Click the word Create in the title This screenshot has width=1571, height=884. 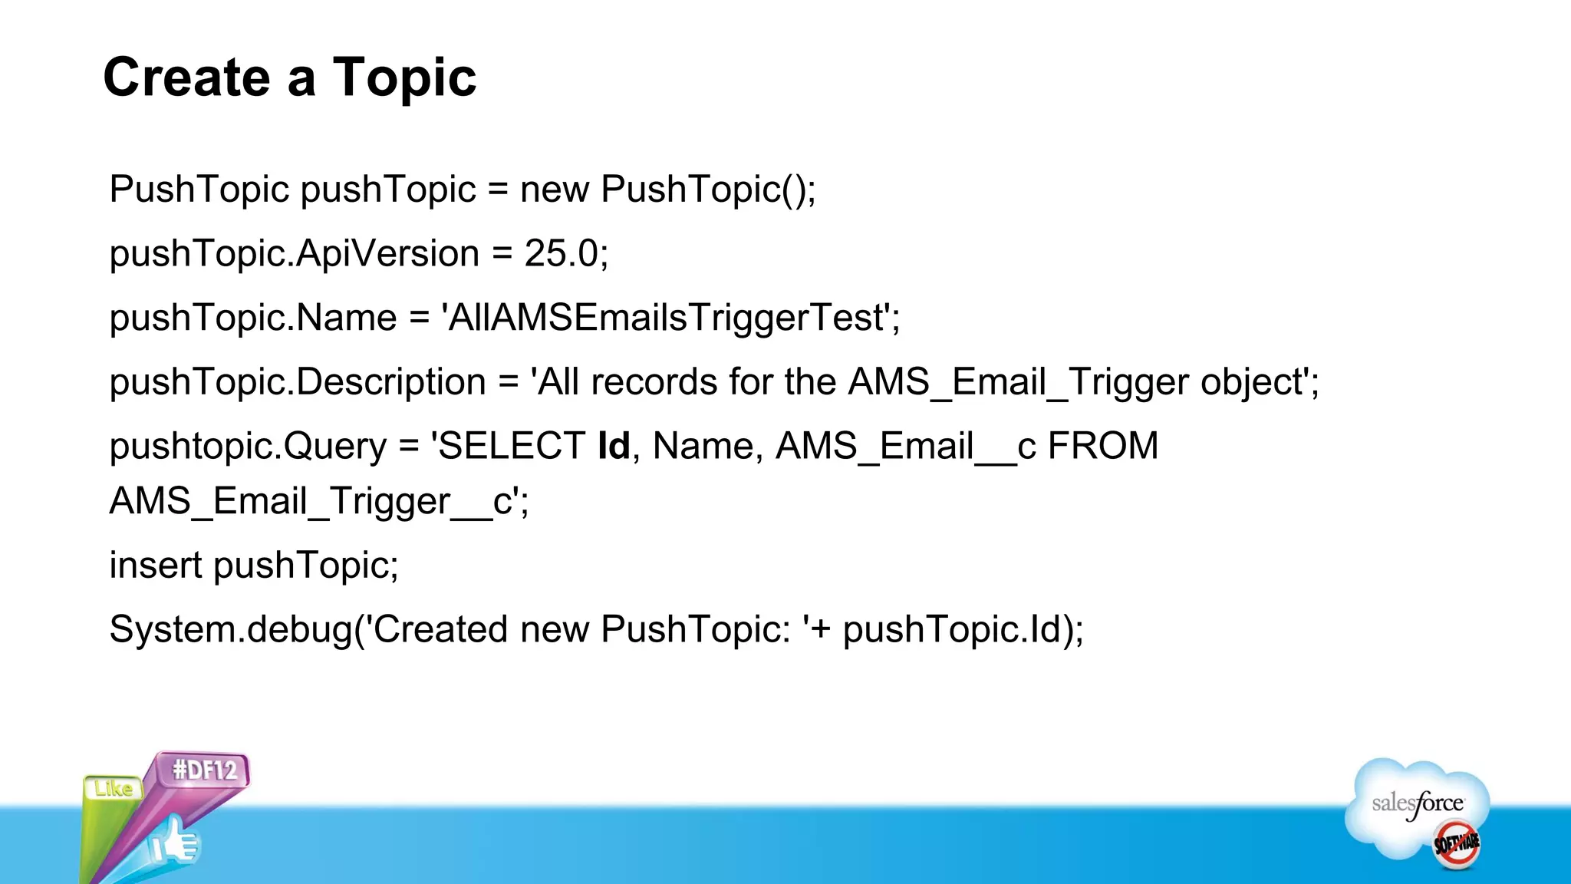pos(186,78)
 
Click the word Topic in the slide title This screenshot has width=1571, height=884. pos(404,79)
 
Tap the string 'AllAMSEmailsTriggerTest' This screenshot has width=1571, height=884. pos(670,318)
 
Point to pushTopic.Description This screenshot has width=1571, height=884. pos(298,382)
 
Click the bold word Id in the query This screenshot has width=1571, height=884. pos(614,446)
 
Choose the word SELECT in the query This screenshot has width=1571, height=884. pos(511,446)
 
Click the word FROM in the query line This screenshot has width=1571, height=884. pos(1102,446)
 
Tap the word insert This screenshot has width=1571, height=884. pos(156,566)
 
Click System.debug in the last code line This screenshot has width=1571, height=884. pos(230,630)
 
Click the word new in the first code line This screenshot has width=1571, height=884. pos(555,190)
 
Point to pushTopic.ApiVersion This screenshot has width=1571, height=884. pos(294,254)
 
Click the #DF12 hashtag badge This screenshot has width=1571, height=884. pos(205,770)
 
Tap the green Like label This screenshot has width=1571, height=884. pos(114,788)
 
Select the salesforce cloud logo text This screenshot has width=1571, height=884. pos(1417,803)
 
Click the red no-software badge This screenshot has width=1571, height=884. pos(1456,844)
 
